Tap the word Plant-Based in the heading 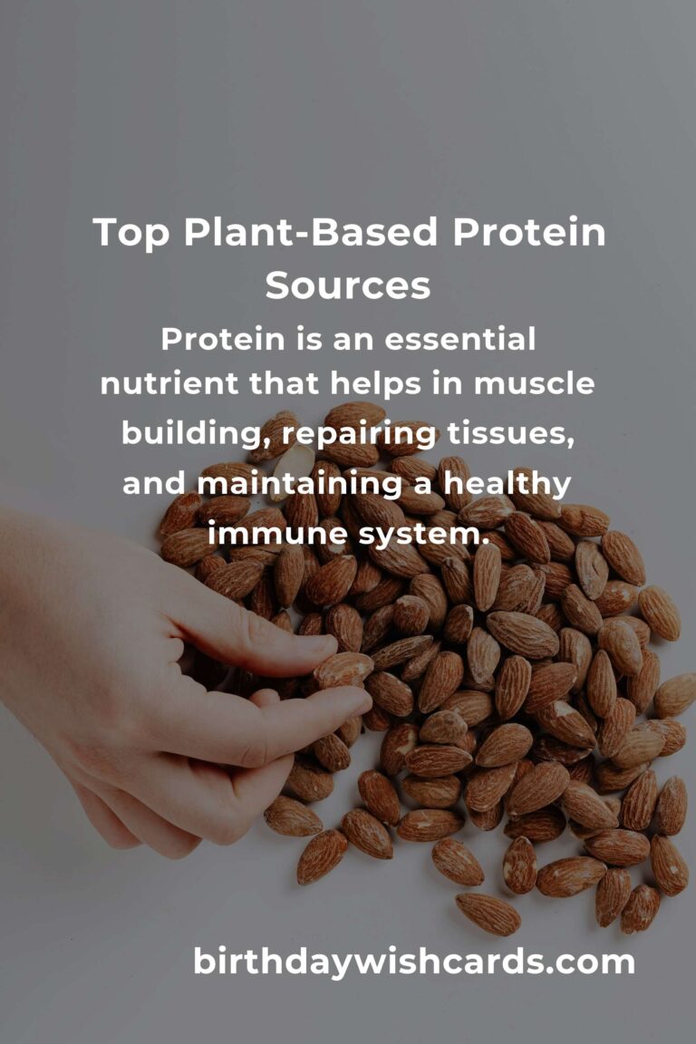click(311, 233)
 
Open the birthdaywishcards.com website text click(414, 962)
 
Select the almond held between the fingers click(343, 669)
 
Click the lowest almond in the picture click(488, 913)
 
